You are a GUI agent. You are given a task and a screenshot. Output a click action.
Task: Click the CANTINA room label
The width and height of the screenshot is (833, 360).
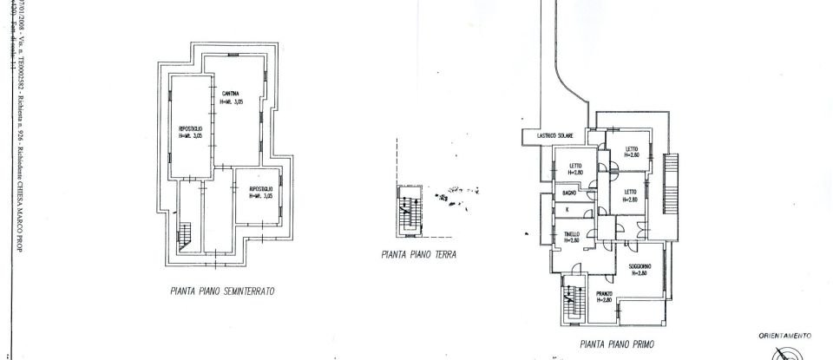(x=231, y=94)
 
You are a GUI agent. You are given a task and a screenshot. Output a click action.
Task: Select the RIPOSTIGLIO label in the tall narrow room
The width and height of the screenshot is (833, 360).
(x=191, y=128)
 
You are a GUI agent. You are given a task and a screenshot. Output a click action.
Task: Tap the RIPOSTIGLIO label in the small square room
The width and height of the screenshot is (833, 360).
(x=261, y=188)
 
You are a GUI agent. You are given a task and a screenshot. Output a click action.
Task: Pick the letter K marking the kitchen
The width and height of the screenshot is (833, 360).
(x=567, y=210)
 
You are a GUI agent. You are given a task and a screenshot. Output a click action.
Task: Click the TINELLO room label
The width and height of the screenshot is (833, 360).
(x=572, y=234)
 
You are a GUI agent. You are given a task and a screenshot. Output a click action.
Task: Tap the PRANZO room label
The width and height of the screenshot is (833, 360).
(x=605, y=294)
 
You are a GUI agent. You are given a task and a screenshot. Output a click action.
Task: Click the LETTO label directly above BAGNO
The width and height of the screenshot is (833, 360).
(x=575, y=166)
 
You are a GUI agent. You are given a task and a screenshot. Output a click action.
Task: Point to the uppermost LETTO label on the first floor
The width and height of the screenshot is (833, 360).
(x=632, y=149)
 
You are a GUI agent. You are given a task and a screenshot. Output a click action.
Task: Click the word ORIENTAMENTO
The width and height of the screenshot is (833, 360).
(x=784, y=335)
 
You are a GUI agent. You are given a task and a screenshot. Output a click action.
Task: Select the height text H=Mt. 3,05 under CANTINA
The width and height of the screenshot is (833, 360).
(x=232, y=101)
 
